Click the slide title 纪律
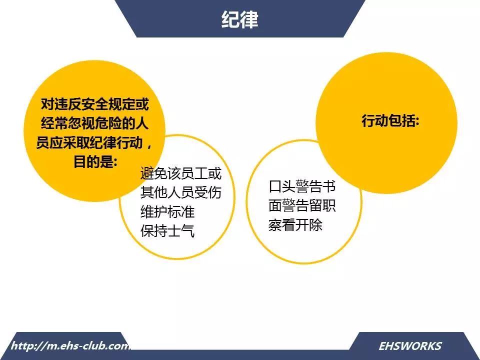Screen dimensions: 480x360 [x=239, y=19]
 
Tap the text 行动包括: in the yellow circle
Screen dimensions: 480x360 [x=390, y=120]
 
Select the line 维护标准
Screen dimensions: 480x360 [x=167, y=211]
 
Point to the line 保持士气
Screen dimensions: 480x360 [x=167, y=230]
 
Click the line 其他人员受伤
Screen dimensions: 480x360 [x=181, y=192]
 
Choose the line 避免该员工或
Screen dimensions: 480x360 [x=181, y=173]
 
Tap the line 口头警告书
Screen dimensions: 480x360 [x=302, y=186]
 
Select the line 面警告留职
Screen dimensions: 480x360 [x=302, y=205]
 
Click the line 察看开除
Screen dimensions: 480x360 [x=295, y=224]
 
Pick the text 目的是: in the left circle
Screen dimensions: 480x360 [x=95, y=161]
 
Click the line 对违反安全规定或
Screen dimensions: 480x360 [x=95, y=104]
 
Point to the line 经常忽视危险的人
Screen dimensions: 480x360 [x=95, y=123]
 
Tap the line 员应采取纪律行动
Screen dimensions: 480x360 [x=89, y=142]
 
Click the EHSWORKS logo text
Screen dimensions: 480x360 [x=410, y=346]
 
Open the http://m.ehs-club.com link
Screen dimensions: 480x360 [x=70, y=346]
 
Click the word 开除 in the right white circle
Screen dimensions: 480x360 [x=309, y=224]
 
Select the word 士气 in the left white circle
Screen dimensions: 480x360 [x=181, y=230]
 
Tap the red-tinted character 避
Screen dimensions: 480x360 [x=147, y=173]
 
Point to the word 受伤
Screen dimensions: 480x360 [x=208, y=192]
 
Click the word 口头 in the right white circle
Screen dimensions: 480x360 [x=282, y=186]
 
